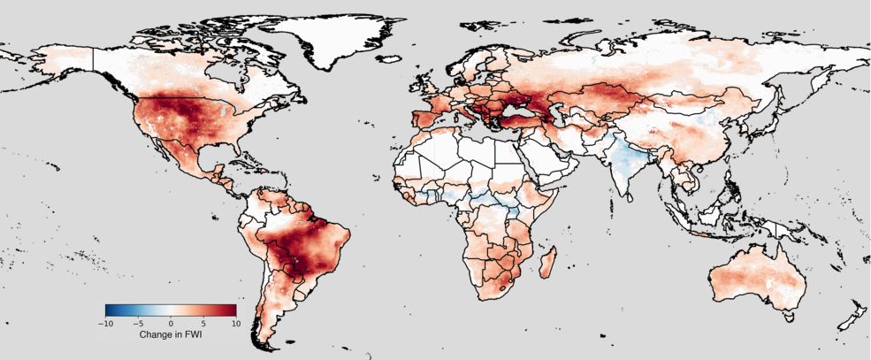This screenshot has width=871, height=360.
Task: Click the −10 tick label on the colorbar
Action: [105, 325]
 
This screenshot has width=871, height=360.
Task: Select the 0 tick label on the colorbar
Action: [171, 325]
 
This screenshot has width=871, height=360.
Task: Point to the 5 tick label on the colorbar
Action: [203, 325]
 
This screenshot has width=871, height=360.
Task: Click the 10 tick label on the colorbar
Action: [235, 325]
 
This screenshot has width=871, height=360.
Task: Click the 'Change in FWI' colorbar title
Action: [171, 336]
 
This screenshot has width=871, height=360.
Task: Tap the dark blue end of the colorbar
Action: [108, 310]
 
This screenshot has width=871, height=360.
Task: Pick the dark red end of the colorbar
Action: [233, 310]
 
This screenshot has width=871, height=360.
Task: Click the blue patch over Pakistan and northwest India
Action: [625, 160]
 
